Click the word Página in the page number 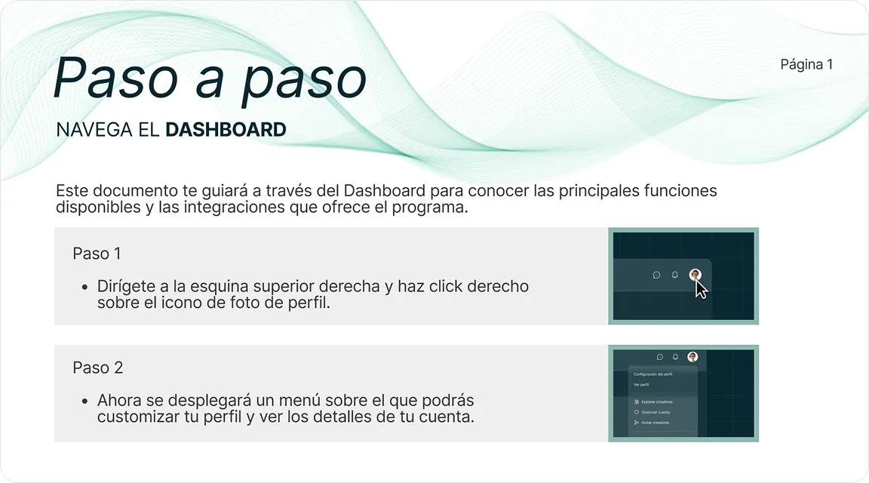point(801,64)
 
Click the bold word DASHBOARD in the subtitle point(226,130)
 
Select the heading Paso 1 point(97,254)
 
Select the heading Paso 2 point(97,368)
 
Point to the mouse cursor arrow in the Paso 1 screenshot point(701,289)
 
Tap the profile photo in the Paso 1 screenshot point(695,275)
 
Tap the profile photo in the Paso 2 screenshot point(692,357)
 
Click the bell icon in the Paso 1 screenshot point(675,275)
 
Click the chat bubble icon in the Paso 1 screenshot point(656,275)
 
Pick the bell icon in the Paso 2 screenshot point(675,358)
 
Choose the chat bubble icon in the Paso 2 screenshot point(659,358)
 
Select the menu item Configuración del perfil point(653,374)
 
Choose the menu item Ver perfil point(640,384)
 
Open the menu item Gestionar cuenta point(655,412)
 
